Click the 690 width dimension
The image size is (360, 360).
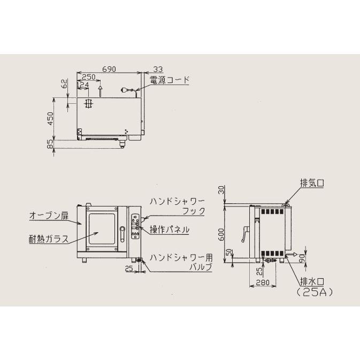(x=109, y=69)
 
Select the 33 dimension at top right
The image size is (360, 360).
(x=157, y=69)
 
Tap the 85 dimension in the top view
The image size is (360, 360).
(x=50, y=144)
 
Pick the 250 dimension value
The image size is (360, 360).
(x=89, y=78)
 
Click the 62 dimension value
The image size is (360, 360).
(x=64, y=83)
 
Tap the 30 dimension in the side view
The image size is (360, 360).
(x=221, y=190)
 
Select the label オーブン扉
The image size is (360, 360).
(x=49, y=216)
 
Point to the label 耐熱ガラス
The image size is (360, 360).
(x=49, y=239)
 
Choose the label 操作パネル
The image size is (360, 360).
(x=170, y=229)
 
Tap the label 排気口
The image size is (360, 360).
(x=312, y=183)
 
